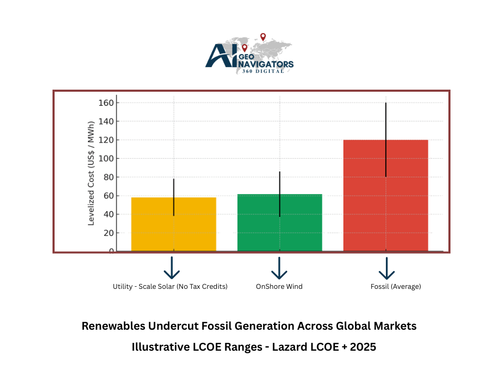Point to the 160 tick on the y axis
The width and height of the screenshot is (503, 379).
pyautogui.click(x=106, y=103)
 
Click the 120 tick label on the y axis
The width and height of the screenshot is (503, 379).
pyautogui.click(x=106, y=140)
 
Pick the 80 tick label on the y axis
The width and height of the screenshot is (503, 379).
pyautogui.click(x=108, y=177)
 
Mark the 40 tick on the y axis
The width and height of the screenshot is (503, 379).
pyautogui.click(x=108, y=214)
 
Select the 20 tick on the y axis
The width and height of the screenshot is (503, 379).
pyautogui.click(x=108, y=233)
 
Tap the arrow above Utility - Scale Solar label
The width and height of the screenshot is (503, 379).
pyautogui.click(x=172, y=268)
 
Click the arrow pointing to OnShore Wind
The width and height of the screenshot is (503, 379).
pyautogui.click(x=279, y=268)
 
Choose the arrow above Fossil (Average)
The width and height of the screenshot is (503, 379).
pyautogui.click(x=386, y=268)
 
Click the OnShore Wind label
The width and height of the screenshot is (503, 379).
pyautogui.click(x=279, y=287)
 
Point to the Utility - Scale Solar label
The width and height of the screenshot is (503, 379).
pyautogui.click(x=170, y=287)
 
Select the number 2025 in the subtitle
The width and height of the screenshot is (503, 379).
pyautogui.click(x=362, y=347)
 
